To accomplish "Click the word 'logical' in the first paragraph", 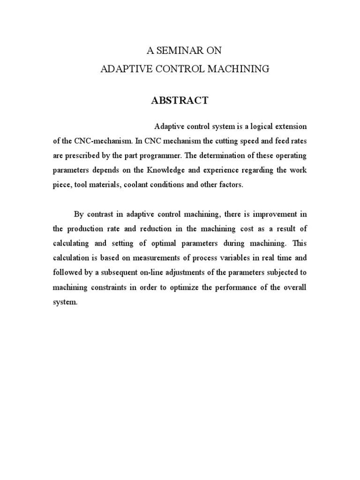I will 256,127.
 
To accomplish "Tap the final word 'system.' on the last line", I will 64,302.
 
